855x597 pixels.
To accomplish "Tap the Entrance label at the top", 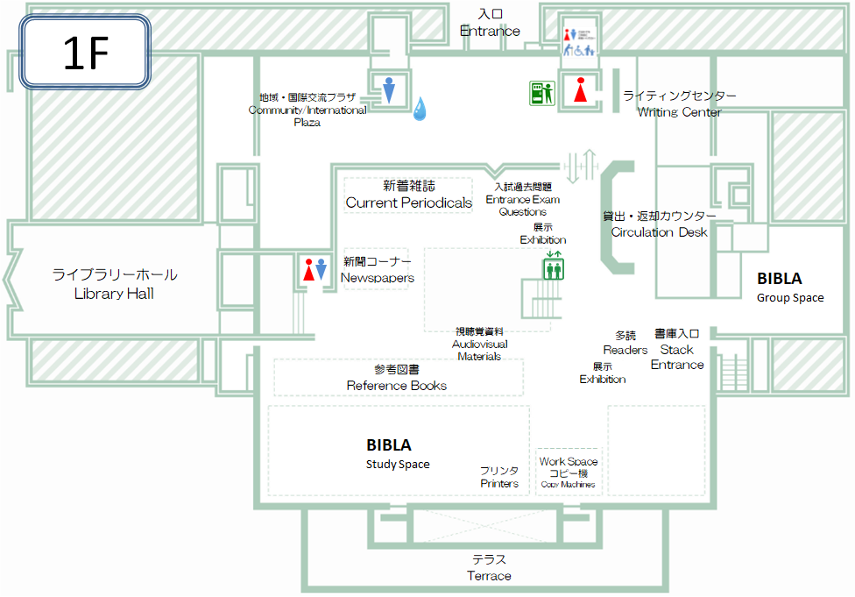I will [x=490, y=23].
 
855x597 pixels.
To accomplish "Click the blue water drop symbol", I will [x=420, y=108].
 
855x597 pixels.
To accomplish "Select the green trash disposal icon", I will [x=541, y=92].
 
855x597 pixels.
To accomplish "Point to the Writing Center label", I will [x=679, y=103].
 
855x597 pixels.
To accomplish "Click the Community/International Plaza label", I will [x=307, y=110].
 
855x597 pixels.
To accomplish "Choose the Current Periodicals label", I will [x=408, y=195].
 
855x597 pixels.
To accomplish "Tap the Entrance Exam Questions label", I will [x=522, y=199].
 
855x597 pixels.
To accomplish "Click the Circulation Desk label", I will [x=659, y=224].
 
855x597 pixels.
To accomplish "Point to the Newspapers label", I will [x=377, y=270].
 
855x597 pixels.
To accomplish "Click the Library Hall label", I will [x=114, y=284].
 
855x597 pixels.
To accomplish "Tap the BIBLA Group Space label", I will [x=790, y=287].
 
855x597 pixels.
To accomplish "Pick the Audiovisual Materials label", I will [x=479, y=344].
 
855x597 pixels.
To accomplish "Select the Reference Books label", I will [x=397, y=377].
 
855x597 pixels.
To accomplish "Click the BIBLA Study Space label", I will [x=397, y=453].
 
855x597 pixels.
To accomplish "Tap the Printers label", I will [x=499, y=477].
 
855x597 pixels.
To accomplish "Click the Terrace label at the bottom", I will [x=489, y=567].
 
